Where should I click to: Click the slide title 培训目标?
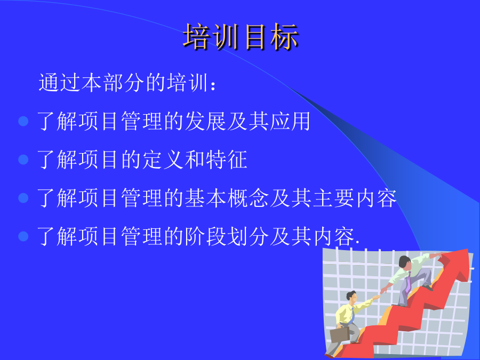[x=241, y=37]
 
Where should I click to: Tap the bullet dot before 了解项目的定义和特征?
[x=23, y=159]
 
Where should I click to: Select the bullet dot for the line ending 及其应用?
[x=23, y=121]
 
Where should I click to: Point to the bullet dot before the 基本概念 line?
[x=23, y=198]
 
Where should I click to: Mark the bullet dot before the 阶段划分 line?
[x=23, y=236]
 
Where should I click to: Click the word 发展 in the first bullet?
[x=205, y=121]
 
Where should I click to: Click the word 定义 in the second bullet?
[x=153, y=159]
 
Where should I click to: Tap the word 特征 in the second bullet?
[x=227, y=159]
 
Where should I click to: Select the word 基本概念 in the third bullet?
[x=227, y=198]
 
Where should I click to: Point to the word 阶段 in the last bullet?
[x=205, y=236]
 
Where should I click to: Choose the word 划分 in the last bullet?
[x=248, y=236]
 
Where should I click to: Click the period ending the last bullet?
[x=357, y=243]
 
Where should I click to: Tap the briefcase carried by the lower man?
[x=340, y=335]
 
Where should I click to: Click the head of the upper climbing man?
[x=405, y=262]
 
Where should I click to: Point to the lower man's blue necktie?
[x=352, y=315]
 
